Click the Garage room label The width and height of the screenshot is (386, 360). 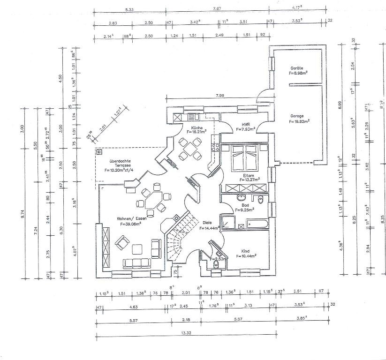296,116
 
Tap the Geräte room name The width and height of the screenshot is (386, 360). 296,68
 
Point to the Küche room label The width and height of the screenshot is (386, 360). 196,127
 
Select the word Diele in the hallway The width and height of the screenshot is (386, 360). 208,222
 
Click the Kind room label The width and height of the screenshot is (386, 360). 246,251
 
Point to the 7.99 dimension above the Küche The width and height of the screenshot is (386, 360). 219,96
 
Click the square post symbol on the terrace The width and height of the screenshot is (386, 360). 99,152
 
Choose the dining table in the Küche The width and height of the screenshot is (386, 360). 190,149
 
